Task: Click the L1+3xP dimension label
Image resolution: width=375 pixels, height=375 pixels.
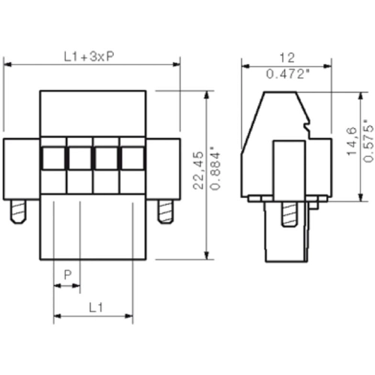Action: (89, 57)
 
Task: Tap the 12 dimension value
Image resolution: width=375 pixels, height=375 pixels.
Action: (287, 58)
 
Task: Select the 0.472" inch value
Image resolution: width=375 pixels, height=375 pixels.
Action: (287, 74)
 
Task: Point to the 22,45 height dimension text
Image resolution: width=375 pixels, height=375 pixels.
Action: (199, 170)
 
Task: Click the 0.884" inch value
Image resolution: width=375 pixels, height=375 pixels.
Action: (215, 170)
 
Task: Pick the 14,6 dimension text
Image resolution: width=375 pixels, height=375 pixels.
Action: (352, 141)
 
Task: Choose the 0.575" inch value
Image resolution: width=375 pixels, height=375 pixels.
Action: (369, 141)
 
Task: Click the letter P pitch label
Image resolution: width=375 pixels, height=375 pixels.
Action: (67, 275)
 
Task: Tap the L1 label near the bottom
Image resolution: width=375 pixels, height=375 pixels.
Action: (96, 307)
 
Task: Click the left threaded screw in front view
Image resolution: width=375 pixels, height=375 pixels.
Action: (18, 211)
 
